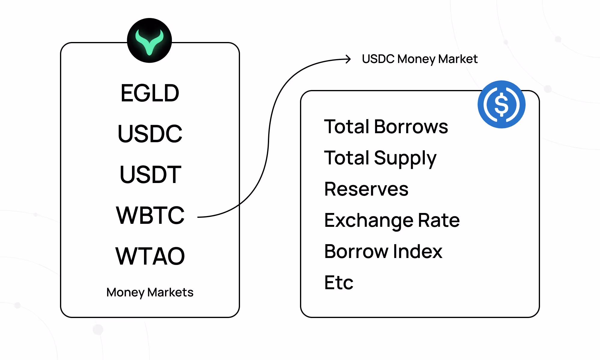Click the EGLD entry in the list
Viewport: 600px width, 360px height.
(x=150, y=93)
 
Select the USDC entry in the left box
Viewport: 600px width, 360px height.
(x=150, y=133)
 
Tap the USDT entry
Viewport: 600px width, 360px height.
(x=150, y=174)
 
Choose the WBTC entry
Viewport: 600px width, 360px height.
(x=150, y=215)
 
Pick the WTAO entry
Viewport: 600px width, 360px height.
(x=150, y=256)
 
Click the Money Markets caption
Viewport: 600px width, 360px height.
(x=150, y=292)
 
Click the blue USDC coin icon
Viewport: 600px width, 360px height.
(x=501, y=104)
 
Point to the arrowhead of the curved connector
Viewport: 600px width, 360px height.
(x=350, y=59)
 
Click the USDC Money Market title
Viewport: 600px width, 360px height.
(x=420, y=59)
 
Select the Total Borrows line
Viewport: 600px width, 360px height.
(x=386, y=126)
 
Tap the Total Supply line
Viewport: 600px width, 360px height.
(x=380, y=158)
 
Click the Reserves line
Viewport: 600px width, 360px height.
(x=366, y=189)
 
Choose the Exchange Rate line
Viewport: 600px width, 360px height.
(x=392, y=220)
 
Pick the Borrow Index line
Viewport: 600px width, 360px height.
(x=383, y=251)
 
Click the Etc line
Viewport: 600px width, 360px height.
(x=339, y=283)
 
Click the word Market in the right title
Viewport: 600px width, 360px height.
(x=458, y=59)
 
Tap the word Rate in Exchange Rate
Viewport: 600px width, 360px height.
(x=439, y=220)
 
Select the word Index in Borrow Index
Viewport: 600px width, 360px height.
(x=418, y=251)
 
